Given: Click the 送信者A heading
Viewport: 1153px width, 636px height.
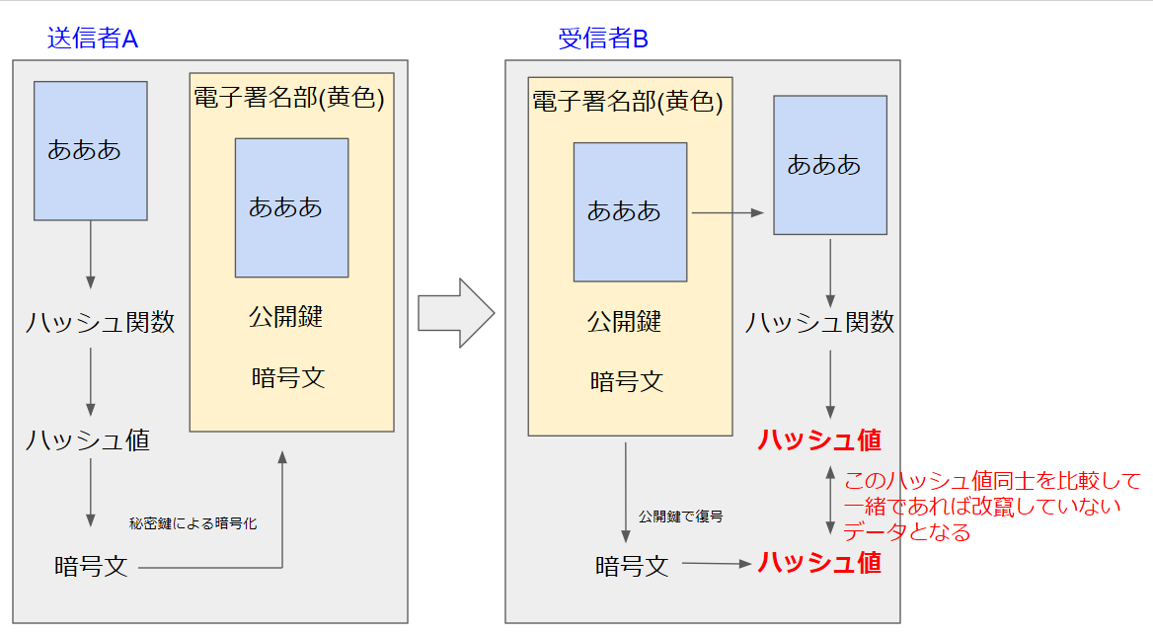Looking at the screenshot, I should (x=93, y=39).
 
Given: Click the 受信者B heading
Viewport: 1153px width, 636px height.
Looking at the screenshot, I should (x=603, y=39).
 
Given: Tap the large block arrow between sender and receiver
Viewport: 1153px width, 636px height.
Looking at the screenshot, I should (x=455, y=312).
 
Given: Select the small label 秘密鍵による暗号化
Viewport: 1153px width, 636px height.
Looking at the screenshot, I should (x=192, y=523).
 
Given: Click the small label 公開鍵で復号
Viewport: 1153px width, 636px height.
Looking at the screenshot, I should (x=680, y=517).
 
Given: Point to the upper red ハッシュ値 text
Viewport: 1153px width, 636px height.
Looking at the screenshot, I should (x=819, y=440).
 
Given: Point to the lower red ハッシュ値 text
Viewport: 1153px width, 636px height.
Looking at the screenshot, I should (x=819, y=563).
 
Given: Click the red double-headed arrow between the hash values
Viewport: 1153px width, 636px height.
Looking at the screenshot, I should (x=829, y=502).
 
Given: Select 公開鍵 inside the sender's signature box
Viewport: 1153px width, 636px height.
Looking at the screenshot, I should (x=286, y=317).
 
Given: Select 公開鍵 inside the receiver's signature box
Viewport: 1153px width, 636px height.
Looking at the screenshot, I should (x=624, y=321).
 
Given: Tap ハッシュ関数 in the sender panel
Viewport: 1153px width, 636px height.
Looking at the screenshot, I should (x=100, y=322).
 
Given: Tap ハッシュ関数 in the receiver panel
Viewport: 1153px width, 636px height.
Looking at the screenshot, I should (x=819, y=322).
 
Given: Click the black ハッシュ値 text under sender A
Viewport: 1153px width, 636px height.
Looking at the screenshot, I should (x=88, y=440).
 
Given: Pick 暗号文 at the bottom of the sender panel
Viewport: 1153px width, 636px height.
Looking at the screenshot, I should (x=91, y=567).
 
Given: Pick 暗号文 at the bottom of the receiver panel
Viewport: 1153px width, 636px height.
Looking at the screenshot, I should (x=632, y=566).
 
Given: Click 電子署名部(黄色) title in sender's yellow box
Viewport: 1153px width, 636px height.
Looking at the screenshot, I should (x=288, y=98).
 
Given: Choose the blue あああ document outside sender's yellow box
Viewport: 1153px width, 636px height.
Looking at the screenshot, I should (x=90, y=150).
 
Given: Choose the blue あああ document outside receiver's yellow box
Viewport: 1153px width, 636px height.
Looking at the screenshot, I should (x=829, y=165).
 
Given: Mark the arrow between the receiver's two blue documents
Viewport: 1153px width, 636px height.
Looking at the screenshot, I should (x=729, y=212).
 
